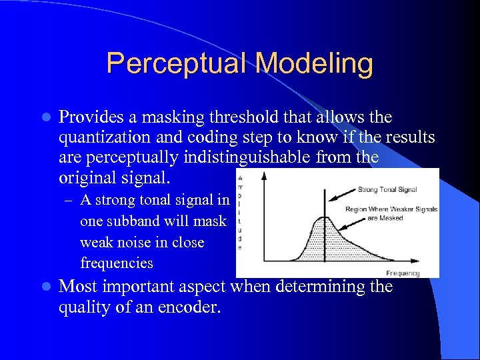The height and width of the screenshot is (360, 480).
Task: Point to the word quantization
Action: point(101,137)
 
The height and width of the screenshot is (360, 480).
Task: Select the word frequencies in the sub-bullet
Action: point(116,263)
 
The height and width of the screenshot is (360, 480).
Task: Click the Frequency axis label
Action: point(403,273)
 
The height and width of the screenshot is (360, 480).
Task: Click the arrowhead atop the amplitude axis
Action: point(265,177)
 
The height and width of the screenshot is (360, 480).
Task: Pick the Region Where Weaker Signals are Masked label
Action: point(391,213)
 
